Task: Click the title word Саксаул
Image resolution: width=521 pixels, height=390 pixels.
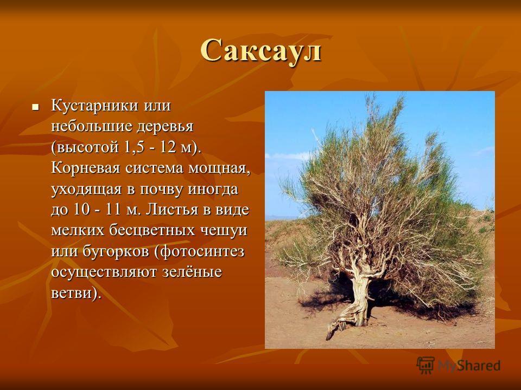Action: [x=261, y=51]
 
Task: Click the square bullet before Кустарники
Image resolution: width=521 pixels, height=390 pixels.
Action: [x=35, y=107]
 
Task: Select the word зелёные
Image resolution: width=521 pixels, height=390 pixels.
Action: [x=192, y=272]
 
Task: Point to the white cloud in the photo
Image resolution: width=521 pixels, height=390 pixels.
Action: [x=290, y=156]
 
